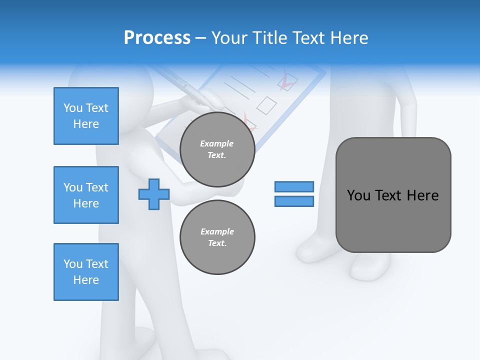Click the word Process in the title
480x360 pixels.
[157, 38]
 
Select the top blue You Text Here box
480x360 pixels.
[86, 116]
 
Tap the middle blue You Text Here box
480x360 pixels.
[86, 195]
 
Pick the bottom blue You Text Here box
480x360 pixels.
[86, 272]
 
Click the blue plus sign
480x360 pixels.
[154, 194]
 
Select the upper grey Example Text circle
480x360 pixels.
[217, 149]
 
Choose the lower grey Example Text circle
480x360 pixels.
[217, 237]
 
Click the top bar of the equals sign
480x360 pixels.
[294, 186]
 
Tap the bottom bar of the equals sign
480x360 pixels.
[294, 201]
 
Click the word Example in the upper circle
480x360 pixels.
[217, 143]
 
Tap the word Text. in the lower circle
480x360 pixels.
[217, 243]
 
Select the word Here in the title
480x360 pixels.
[348, 38]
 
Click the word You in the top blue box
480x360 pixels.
[73, 108]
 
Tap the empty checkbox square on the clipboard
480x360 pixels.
[266, 105]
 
